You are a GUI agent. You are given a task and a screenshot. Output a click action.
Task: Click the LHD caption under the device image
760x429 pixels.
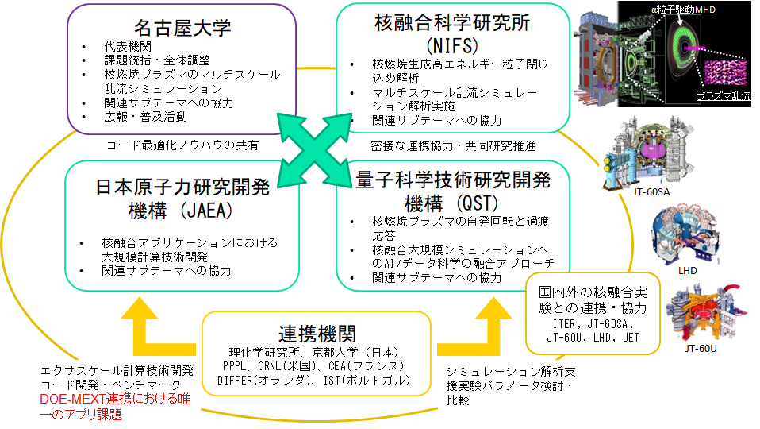point(687,271)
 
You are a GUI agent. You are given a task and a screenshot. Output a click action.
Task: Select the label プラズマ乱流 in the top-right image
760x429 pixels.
point(725,95)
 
